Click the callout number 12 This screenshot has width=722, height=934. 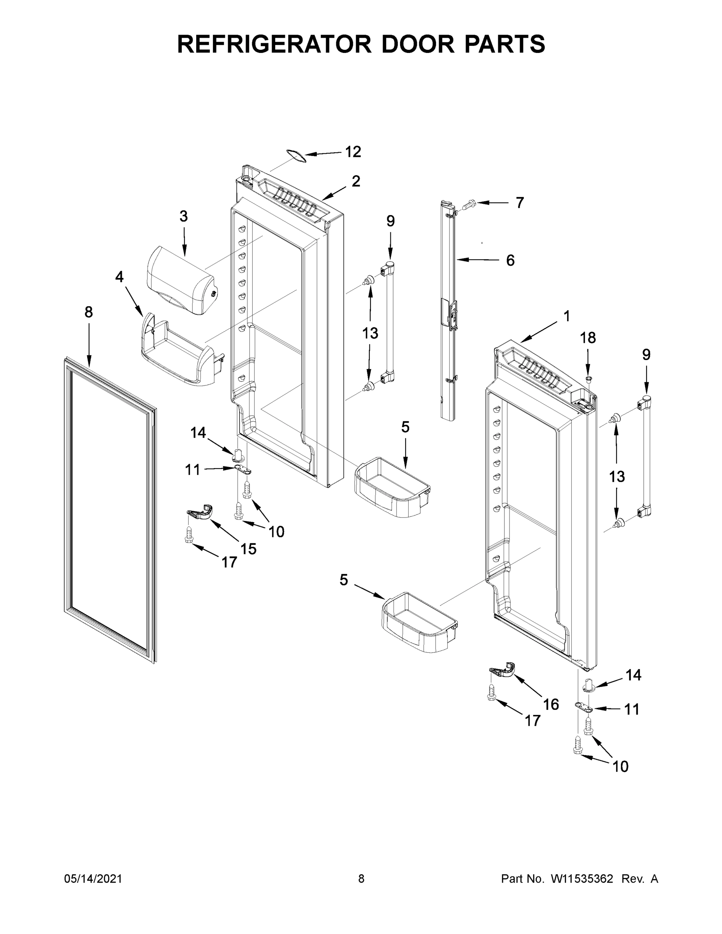coord(353,152)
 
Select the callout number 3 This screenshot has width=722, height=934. coord(183,216)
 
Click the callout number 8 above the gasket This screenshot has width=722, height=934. coord(88,313)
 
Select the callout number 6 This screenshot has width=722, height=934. coord(510,260)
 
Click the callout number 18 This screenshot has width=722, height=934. coord(588,338)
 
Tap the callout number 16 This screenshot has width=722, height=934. coord(551,704)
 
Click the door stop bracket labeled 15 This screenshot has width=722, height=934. coord(200,512)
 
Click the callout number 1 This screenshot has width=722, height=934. coord(566,316)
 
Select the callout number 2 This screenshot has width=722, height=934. coord(356,181)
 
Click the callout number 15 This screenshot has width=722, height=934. coord(248,549)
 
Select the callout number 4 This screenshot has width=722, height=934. coord(119,277)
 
